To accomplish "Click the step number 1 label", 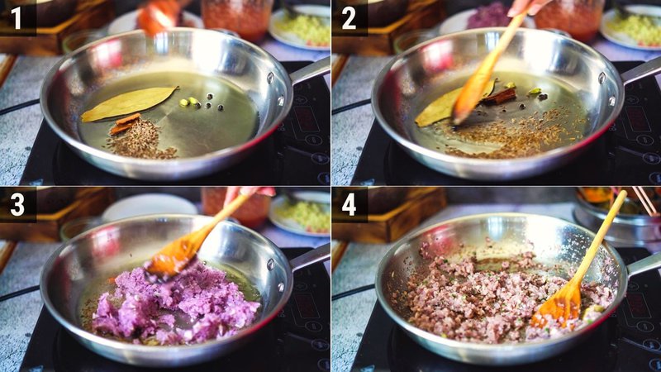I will [x=17, y=17].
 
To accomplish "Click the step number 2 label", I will [x=349, y=17].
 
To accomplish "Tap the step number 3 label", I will [x=17, y=203].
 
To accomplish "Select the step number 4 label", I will [x=349, y=203].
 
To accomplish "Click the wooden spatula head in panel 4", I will [x=558, y=306].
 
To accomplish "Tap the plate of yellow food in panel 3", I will [x=302, y=215].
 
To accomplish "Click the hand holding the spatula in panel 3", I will [x=248, y=194].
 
